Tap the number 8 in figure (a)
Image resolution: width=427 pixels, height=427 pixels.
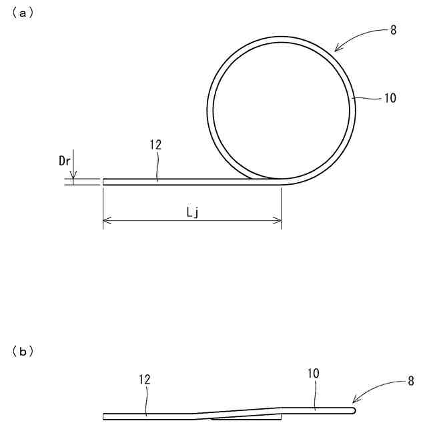click(x=394, y=31)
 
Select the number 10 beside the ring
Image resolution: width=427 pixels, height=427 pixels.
click(x=390, y=98)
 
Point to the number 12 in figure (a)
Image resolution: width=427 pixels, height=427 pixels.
click(x=157, y=143)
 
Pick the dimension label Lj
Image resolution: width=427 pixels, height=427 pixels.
click(x=191, y=212)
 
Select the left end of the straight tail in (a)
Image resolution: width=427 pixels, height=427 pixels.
click(x=103, y=180)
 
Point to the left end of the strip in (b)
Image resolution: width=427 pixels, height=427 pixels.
click(x=104, y=416)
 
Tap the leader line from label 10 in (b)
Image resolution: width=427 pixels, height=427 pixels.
click(x=314, y=394)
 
